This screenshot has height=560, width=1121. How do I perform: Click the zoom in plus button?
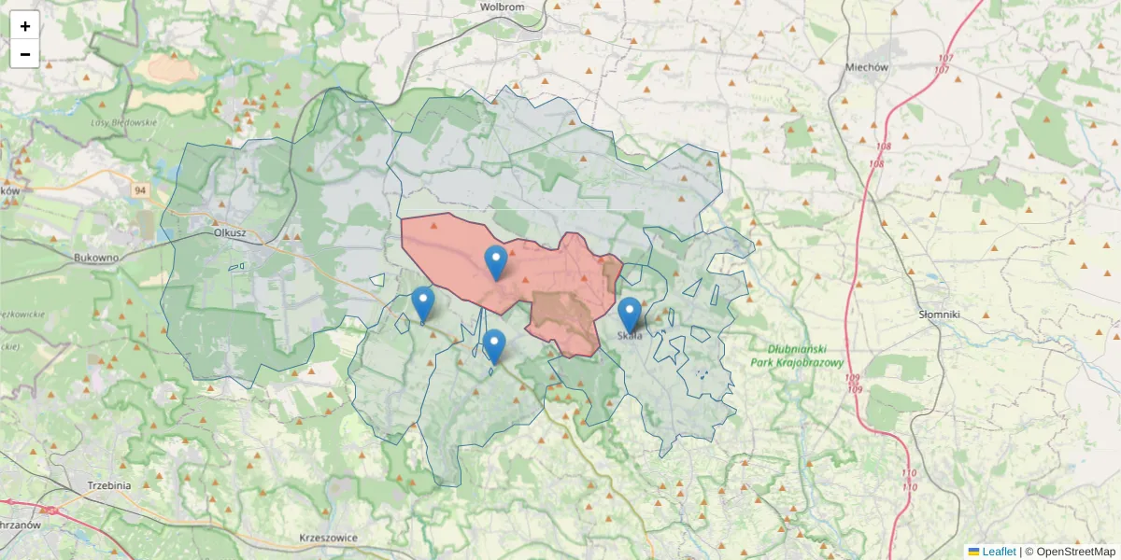[x=24, y=25]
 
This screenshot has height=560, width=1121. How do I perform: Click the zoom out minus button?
[x=24, y=54]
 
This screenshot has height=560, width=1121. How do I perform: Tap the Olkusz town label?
[x=229, y=233]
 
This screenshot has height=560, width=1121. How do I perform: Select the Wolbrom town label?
[x=502, y=7]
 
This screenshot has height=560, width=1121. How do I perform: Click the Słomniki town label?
[x=939, y=315]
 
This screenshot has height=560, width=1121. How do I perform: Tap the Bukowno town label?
[x=98, y=256]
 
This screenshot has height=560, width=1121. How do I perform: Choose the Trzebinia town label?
[x=109, y=485]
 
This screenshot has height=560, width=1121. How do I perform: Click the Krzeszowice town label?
[x=329, y=538]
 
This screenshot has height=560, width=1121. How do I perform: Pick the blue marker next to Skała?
[x=630, y=315]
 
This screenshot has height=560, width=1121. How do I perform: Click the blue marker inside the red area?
[x=496, y=261]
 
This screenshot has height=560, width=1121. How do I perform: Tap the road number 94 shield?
[x=140, y=190]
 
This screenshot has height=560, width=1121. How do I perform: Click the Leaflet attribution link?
[x=999, y=552]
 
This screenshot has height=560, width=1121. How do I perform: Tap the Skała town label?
[x=630, y=336]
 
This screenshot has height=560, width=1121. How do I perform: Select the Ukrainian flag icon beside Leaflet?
[x=973, y=552]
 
